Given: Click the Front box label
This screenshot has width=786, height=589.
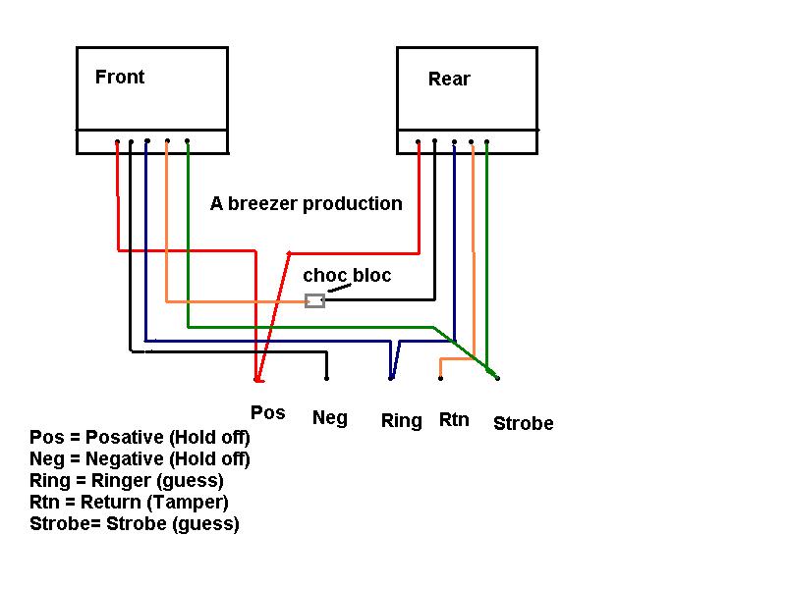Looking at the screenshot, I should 120,78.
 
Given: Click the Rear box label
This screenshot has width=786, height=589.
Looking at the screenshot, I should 449,80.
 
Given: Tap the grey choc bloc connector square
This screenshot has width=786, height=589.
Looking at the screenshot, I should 314,299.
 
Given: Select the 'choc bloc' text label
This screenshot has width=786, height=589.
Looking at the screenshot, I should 347,276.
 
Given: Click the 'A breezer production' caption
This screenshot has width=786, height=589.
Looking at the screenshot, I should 307,204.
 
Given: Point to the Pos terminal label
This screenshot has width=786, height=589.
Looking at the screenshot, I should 267,412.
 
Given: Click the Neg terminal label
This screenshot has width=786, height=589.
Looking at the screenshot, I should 329,418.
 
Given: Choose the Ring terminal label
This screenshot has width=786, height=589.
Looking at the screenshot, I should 401,421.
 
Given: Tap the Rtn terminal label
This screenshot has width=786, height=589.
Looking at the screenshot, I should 454,420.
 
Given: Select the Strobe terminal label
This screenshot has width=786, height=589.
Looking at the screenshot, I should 523,424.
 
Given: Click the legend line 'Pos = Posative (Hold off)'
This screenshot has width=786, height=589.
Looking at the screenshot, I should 140,438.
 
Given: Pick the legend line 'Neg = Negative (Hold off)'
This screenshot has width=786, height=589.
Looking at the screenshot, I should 140,459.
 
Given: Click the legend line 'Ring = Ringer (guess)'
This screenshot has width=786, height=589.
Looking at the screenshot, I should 127,481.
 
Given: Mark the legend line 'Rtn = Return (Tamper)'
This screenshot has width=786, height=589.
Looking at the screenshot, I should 130,503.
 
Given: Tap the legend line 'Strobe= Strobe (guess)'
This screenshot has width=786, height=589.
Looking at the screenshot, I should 135,524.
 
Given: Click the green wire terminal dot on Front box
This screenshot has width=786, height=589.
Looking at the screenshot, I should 187,141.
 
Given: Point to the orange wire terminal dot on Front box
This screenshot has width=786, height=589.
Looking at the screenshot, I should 167,141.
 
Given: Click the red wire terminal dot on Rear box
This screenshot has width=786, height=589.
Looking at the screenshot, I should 419,141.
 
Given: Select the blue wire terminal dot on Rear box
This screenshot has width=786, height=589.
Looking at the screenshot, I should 454,141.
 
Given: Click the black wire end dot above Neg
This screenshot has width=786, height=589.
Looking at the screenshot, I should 326,377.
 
